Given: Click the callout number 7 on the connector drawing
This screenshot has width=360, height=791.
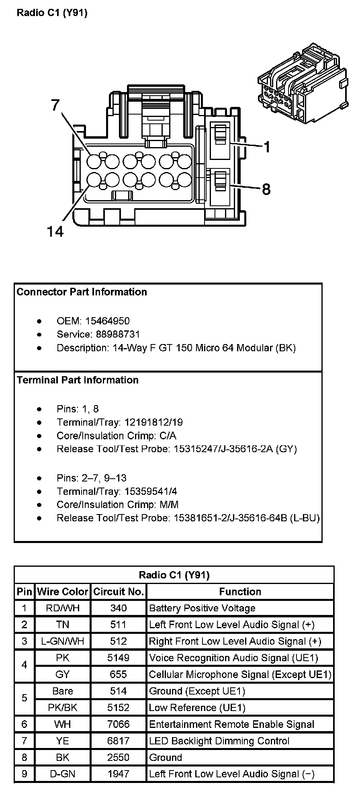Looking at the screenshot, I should [55, 105].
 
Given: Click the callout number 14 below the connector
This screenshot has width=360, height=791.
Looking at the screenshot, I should [55, 232].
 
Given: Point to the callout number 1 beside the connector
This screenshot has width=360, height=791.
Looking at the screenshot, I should [266, 147].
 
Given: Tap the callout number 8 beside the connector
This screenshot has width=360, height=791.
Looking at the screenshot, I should [266, 189].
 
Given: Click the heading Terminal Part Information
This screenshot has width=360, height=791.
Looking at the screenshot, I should [78, 380].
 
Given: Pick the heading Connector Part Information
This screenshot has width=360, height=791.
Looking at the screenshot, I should [82, 292].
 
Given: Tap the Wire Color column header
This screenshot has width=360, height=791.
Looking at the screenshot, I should [62, 592].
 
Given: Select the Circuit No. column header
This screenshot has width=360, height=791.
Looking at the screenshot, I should [119, 592].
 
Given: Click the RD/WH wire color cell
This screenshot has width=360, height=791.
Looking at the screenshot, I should [62, 608].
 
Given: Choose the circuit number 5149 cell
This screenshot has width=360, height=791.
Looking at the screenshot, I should [119, 658].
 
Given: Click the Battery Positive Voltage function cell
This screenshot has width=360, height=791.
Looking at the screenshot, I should [202, 608].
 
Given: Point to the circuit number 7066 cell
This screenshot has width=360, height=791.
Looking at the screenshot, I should [119, 724].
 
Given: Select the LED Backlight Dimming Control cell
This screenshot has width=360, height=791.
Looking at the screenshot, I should [219, 741].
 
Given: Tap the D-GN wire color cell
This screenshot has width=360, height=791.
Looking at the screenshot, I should [62, 774].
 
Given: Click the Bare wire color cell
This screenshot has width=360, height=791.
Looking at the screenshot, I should [62, 691].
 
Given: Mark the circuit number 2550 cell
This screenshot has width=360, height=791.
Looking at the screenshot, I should [119, 757].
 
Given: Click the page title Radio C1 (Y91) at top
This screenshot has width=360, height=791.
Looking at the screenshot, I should [52, 13].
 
